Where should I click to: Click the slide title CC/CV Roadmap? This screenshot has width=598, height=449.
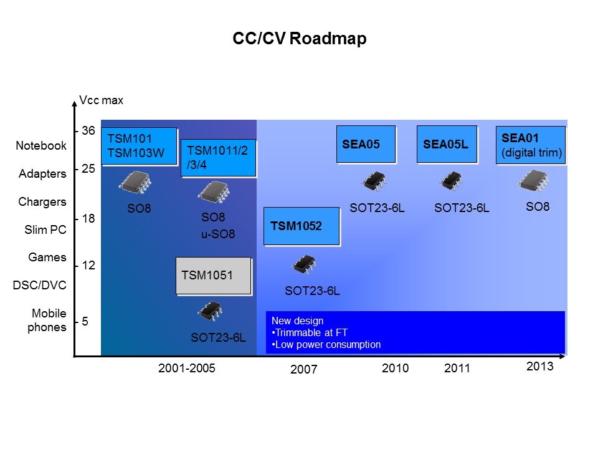point(300,39)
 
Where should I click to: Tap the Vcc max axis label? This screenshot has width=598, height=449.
point(101,100)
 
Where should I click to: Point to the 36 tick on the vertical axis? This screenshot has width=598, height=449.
point(88,130)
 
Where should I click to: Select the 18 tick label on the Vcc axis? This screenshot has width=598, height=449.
point(88,218)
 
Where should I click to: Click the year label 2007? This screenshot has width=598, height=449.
point(303,369)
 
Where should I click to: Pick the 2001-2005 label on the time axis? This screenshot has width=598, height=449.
point(186,368)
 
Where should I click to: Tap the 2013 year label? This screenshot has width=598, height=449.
point(539,366)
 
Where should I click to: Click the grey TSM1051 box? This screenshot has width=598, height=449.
point(214,276)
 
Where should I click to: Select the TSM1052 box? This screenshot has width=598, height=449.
point(301,226)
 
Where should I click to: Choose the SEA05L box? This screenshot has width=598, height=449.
point(447,144)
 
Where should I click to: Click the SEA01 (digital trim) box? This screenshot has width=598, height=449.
point(531,145)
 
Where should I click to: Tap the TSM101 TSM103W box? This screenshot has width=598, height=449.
point(139,146)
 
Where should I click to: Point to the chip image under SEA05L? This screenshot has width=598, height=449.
point(452,181)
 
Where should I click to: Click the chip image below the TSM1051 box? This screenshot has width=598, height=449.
point(210,311)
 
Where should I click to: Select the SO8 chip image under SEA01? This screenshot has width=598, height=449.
point(533,181)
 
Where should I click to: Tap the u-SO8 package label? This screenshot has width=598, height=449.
point(218,234)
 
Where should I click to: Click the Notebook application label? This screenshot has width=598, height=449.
point(41,145)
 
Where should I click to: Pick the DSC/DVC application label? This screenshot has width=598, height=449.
point(39,285)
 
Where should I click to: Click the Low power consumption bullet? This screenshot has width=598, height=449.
point(326,345)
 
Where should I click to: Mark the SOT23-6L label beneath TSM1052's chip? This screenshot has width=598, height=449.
point(312,291)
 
